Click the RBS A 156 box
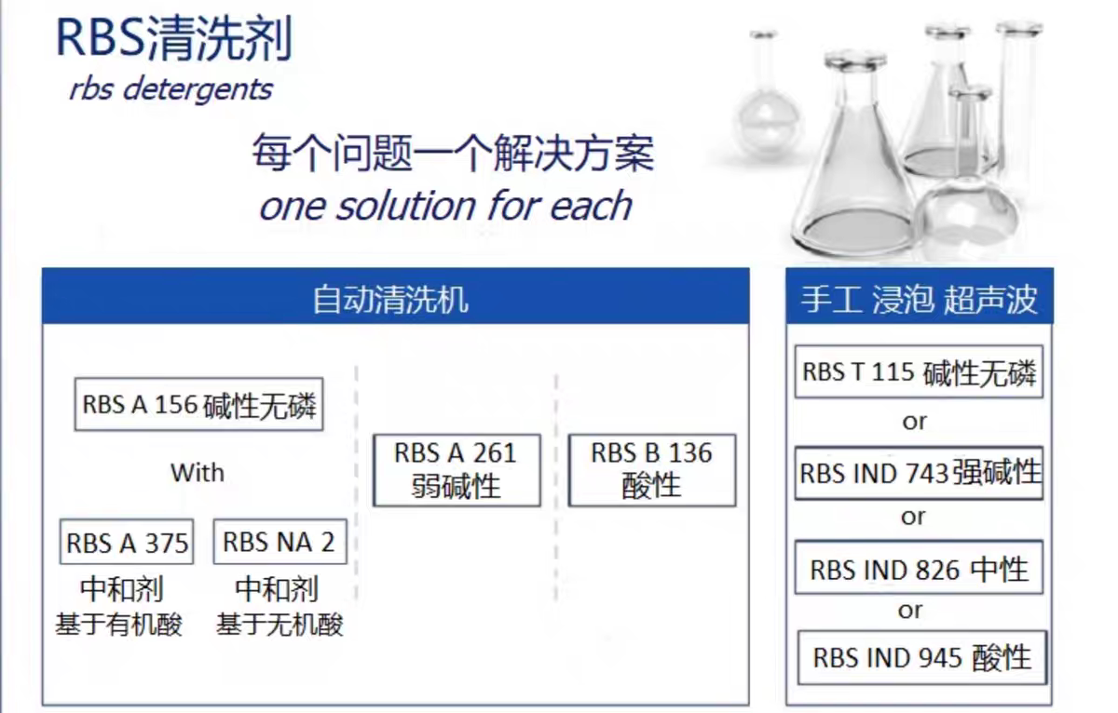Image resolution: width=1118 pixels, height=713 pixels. pos(198,404)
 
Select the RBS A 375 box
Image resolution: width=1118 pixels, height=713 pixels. pos(127,542)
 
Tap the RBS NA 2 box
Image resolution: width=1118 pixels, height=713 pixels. pos(280,542)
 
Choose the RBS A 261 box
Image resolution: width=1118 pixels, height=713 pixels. pos(457,470)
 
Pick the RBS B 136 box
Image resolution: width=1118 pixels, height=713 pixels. pos(652,470)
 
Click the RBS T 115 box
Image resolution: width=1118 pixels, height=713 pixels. pos(919,371)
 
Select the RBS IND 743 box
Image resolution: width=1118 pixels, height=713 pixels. pos(919,473)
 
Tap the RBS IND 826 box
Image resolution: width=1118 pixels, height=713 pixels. pos(919,568)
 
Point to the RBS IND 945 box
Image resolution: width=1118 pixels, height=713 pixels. pos(921,658)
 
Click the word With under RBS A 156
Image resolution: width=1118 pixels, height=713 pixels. pos(198,473)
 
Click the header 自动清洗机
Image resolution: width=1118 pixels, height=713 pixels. pos(390,300)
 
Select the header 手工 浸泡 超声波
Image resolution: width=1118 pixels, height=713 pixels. pos(919,300)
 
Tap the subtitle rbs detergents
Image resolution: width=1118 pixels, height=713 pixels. pos(170,89)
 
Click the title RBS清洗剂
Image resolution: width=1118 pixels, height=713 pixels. pos(173,38)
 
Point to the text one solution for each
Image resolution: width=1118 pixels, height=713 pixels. pos(445,206)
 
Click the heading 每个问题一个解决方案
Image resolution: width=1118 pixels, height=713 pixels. pos(453,153)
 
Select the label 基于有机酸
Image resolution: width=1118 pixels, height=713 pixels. pos(119,625)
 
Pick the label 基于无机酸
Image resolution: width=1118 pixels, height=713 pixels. pos(279,625)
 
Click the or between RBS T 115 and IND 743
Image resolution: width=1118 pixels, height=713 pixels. pos(914,423)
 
